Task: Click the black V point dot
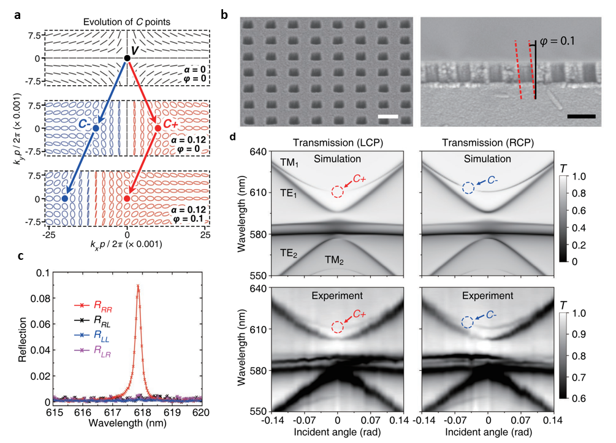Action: click(x=127, y=58)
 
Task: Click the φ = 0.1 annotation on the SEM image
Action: click(x=560, y=43)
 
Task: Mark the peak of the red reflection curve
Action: click(x=138, y=286)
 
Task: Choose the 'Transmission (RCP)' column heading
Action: click(x=487, y=144)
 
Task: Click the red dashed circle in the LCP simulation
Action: click(x=337, y=191)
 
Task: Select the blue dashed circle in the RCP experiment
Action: click(x=468, y=322)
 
